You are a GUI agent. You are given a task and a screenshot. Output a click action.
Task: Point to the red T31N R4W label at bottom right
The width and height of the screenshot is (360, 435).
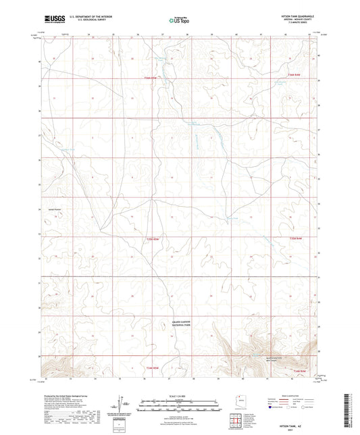tap(299, 371)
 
